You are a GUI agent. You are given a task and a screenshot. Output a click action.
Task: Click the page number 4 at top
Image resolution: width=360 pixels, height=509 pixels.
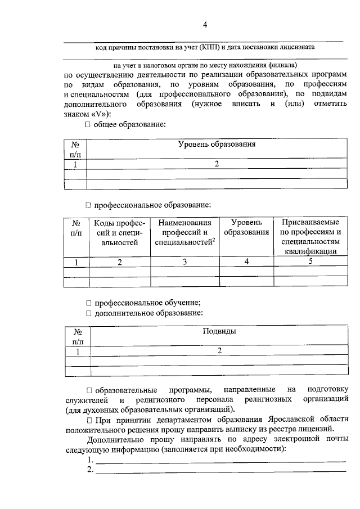(205, 24)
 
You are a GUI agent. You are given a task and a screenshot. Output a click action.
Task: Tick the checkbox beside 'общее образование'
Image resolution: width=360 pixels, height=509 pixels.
(88, 124)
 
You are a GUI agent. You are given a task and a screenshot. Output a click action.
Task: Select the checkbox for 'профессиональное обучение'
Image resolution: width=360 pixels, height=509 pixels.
(88, 303)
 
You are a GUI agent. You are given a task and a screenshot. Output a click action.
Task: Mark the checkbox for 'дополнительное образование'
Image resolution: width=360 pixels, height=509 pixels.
(88, 313)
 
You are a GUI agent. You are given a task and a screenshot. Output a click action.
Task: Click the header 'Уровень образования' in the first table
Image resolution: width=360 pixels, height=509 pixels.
(217, 145)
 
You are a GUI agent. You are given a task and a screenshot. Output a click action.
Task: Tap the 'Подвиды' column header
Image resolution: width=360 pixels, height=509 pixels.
(219, 331)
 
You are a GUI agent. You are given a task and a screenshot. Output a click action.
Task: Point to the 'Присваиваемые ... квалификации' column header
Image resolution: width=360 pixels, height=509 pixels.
(310, 237)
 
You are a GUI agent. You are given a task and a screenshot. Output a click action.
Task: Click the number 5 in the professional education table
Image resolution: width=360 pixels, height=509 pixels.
(310, 262)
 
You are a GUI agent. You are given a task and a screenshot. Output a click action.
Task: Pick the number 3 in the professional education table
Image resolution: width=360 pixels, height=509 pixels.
(184, 262)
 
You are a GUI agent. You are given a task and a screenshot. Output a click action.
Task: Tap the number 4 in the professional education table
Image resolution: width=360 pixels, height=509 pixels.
(246, 262)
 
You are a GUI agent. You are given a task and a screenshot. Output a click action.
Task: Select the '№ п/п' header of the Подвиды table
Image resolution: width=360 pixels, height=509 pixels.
(78, 336)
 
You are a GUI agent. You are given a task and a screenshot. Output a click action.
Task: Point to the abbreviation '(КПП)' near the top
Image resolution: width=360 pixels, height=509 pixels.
(208, 48)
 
